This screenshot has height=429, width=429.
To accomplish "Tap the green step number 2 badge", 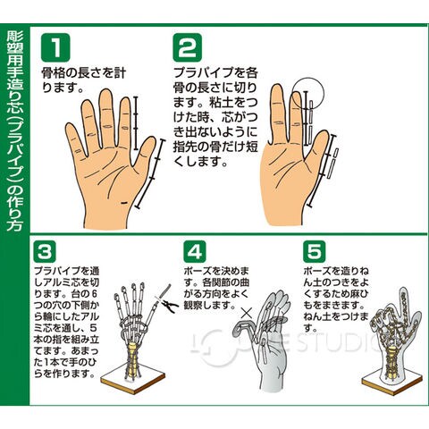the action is [188, 47].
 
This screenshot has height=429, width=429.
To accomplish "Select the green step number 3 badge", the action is [45, 252].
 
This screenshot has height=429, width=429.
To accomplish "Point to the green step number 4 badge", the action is [195, 252].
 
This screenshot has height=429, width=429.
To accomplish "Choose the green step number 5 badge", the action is [315, 252].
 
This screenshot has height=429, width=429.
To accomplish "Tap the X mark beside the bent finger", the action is [247, 314].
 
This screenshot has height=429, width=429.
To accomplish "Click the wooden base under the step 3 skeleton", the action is [133, 381].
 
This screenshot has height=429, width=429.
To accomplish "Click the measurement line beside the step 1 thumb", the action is [150, 173].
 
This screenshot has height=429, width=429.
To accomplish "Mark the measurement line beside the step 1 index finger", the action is [136, 122].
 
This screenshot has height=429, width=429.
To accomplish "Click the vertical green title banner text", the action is [14, 130].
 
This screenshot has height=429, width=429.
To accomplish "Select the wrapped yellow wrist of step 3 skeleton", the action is [133, 359].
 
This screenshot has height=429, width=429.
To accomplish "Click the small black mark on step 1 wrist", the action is [124, 203].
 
